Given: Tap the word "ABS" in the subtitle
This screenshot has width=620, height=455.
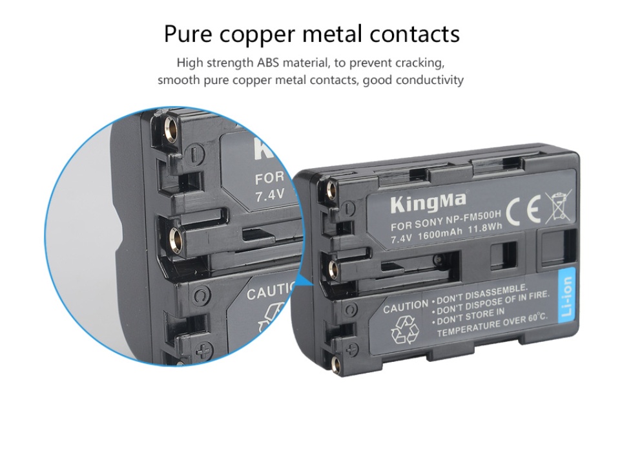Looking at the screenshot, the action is point(267,63).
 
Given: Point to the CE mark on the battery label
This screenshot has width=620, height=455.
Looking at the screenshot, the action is point(524,211).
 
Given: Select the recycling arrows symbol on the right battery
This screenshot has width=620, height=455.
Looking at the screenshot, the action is point(404,330).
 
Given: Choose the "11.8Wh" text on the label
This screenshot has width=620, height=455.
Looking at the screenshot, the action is point(485,228).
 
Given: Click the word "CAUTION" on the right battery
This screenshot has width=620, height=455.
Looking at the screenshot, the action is point(406,306).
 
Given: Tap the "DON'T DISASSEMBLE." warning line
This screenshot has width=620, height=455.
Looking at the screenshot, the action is point(482,293).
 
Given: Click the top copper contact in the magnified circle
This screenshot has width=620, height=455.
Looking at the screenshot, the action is point(171,129).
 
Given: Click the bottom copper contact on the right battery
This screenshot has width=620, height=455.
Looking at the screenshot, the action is point(336,365).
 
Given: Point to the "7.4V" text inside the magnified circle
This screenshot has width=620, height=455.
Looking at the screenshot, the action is point(270,195).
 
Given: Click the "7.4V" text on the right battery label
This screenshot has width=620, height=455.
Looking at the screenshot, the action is point(401,238).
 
